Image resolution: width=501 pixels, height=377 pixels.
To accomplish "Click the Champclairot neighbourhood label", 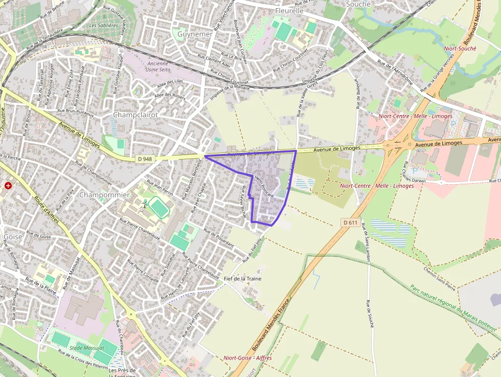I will [x=135, y=115].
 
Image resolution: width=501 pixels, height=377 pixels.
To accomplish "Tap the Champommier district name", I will [x=104, y=195].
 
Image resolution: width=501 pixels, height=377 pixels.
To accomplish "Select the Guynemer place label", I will [x=194, y=34].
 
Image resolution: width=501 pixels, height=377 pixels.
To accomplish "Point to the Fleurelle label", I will [x=289, y=10].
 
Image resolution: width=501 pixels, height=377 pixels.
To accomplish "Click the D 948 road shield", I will [x=145, y=159].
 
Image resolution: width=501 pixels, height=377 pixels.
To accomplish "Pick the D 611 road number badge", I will [x=350, y=222].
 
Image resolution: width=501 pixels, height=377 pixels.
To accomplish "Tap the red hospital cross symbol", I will [x=8, y=185].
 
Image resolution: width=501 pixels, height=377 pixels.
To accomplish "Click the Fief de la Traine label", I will [x=243, y=278].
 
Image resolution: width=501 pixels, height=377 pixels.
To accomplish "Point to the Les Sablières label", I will [x=103, y=25].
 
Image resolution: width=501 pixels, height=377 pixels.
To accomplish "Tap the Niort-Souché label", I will [x=460, y=49].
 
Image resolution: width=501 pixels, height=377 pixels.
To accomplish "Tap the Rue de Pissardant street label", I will [x=218, y=238].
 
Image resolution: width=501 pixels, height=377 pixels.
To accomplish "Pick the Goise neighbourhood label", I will [x=13, y=237].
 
